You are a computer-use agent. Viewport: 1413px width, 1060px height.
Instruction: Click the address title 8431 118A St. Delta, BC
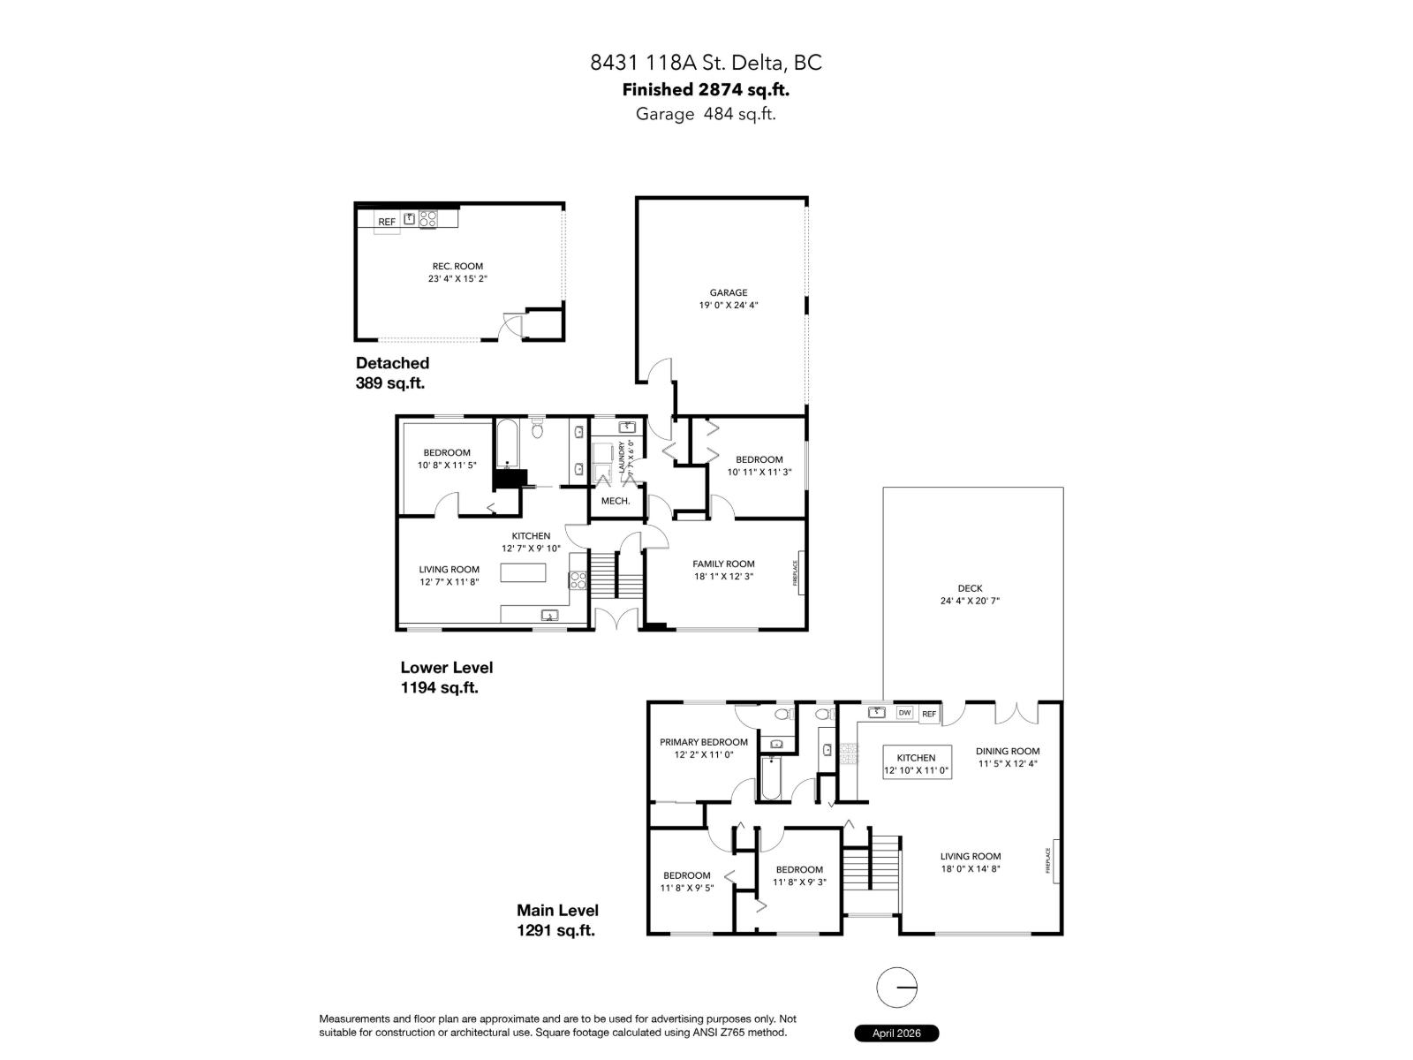point(706,63)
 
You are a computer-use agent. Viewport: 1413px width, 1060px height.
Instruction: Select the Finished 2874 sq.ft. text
point(706,89)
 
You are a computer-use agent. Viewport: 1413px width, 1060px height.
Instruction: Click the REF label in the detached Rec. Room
point(387,222)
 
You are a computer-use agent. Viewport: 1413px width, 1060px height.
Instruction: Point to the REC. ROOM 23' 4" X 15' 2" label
point(457,272)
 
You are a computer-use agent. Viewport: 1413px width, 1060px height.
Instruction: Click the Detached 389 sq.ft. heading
point(392,373)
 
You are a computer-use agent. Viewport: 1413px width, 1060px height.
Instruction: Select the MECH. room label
point(615,501)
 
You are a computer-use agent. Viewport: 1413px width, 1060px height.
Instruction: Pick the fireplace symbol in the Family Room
point(800,572)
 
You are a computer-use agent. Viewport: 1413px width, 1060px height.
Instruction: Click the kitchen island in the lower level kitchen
point(524,573)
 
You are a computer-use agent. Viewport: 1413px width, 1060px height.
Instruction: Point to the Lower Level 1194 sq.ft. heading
point(446,678)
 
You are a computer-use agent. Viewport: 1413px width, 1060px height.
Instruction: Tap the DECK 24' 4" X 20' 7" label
point(969,594)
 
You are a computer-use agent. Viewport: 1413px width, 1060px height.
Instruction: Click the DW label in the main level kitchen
point(903,713)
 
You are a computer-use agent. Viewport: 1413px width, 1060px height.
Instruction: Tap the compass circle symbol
point(896,988)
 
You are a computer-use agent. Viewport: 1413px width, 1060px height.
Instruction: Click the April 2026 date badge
point(895,1033)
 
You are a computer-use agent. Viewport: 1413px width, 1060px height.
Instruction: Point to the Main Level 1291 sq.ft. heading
point(557,920)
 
